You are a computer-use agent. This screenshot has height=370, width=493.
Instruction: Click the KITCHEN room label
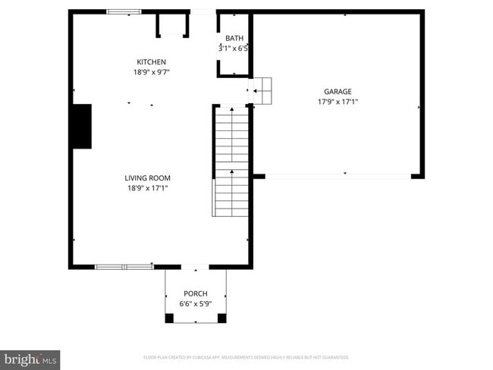[x=151, y=62]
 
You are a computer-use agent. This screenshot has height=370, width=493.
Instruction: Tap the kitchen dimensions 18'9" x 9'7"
[x=151, y=73]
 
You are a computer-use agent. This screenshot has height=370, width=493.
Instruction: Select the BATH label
[x=234, y=38]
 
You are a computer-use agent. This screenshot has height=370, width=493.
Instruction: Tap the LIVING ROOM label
[x=146, y=178]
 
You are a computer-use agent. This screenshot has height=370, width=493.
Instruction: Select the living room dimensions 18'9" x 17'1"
[x=146, y=188]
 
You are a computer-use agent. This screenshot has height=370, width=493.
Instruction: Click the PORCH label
[x=195, y=293]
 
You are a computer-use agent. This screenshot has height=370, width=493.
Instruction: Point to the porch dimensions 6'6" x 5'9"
[x=195, y=303]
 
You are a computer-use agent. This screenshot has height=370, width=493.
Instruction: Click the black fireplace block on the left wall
[x=80, y=126]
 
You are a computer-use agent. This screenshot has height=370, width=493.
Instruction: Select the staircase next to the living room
[x=231, y=161]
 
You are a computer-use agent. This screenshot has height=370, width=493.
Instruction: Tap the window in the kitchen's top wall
[x=124, y=11]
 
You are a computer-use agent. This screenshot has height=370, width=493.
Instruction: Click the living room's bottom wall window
[x=124, y=266]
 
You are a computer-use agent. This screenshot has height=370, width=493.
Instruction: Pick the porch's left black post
[x=169, y=318]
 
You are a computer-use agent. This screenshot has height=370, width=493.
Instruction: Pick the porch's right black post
[x=222, y=318]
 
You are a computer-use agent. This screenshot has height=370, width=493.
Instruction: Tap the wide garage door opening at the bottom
[x=338, y=176]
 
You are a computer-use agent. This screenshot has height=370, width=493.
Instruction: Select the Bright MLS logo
[x=30, y=359]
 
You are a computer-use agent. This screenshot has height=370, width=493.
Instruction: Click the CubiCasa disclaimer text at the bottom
[x=246, y=356]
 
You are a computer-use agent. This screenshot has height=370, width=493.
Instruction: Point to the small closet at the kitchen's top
[x=173, y=24]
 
